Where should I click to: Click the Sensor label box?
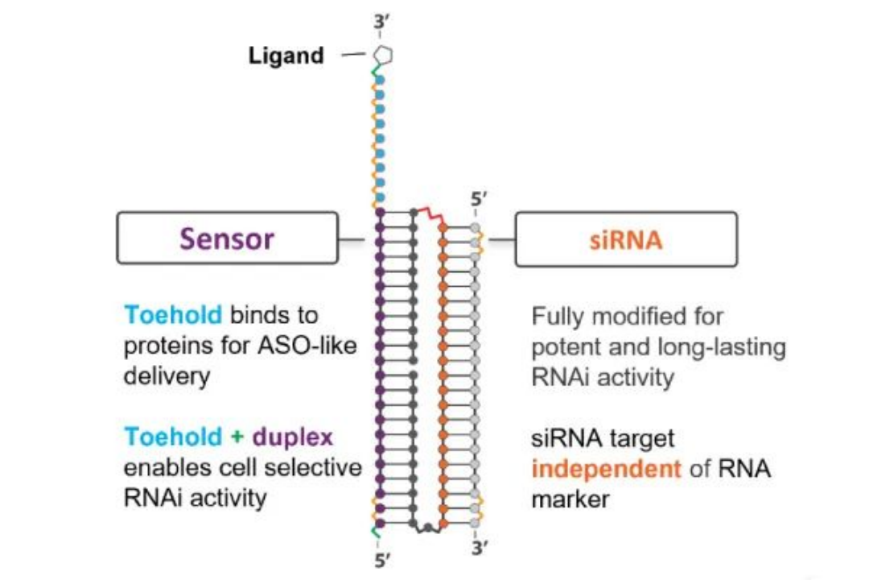pos(227,238)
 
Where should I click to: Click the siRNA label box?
pos(625,238)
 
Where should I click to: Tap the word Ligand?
pos(286,56)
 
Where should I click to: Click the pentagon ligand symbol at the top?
pos(382,55)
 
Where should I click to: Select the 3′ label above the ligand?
pos(381,23)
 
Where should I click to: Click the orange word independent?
pos(595,468)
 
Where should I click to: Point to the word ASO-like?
pos(309,346)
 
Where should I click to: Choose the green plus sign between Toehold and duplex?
pos(237,437)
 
